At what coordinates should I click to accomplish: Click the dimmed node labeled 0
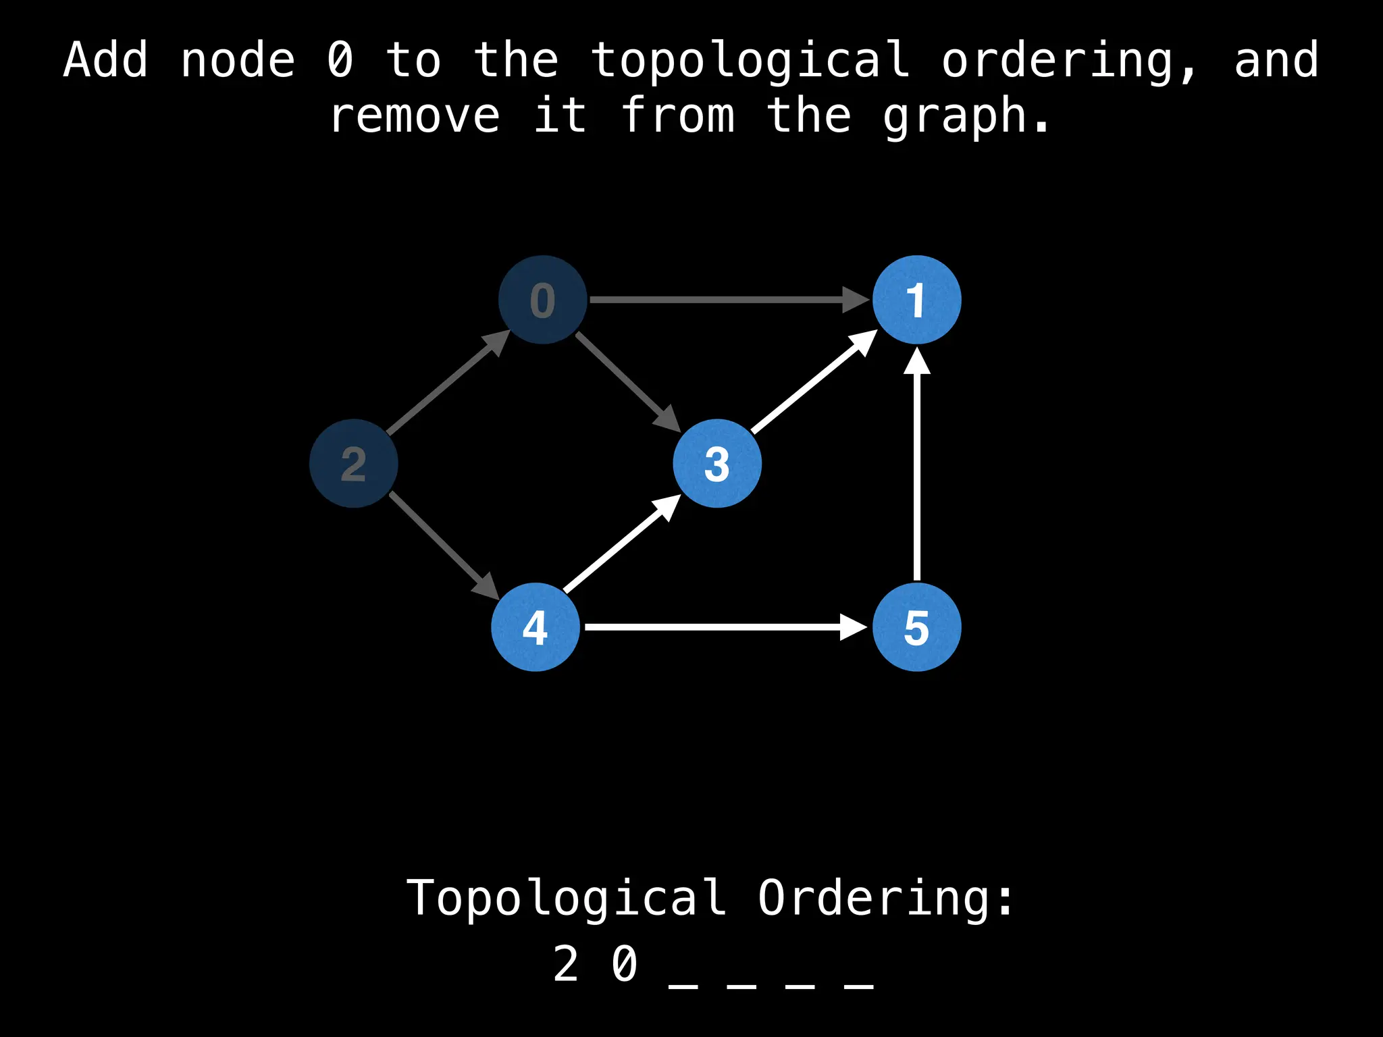click(542, 300)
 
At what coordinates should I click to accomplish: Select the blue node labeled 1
click(916, 300)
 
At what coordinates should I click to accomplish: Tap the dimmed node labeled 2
click(353, 463)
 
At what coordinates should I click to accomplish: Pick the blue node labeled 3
click(717, 463)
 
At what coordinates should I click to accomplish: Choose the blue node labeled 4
click(535, 627)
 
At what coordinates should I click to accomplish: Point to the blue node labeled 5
click(916, 627)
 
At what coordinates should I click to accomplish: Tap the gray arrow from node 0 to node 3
click(625, 379)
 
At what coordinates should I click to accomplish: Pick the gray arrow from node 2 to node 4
click(442, 544)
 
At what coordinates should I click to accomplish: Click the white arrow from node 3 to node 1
click(810, 385)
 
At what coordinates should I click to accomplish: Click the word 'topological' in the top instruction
click(750, 61)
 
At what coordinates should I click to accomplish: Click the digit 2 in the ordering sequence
click(566, 964)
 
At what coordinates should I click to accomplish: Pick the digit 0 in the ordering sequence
click(625, 964)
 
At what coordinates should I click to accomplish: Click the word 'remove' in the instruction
click(415, 116)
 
